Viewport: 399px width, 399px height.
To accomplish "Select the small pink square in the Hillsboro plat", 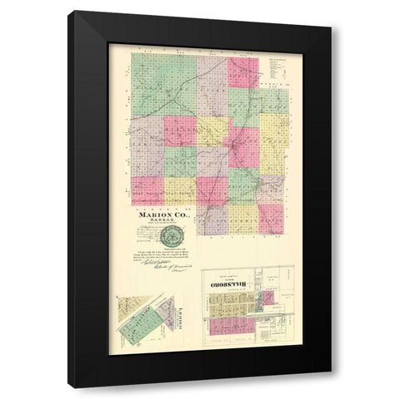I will pos(268,297).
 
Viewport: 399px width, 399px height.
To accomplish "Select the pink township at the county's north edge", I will pos(243,71).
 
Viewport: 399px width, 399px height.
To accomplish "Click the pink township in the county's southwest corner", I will pos(147,190).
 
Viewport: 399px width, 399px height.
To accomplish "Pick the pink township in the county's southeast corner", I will pos(271,218).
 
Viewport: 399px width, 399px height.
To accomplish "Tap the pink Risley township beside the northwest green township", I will pos(180,131).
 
